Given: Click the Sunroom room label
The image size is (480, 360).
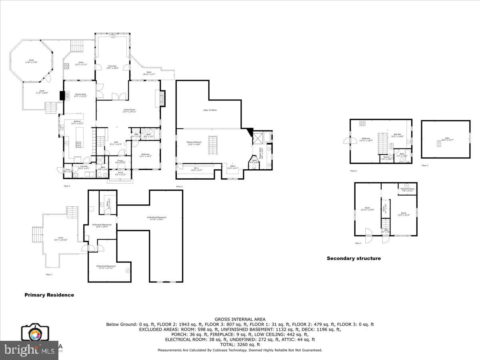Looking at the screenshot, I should (x=112, y=67).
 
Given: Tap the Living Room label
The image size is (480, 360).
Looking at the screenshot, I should (x=129, y=110).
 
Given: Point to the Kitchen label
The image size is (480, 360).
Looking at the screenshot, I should (x=77, y=122).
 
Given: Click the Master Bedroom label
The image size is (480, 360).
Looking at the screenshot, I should (x=194, y=143).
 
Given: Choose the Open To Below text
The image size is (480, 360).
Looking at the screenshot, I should (x=210, y=110).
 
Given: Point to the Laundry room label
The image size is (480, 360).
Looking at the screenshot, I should (x=84, y=167).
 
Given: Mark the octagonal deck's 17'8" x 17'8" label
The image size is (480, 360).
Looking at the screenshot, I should (x=31, y=61).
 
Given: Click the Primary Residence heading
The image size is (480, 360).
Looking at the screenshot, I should (x=49, y=295).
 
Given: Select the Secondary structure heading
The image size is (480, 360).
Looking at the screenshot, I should (x=354, y=258).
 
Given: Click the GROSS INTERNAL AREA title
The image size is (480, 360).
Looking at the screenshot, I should (x=240, y=319).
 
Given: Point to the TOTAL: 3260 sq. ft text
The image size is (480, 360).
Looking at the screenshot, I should (x=240, y=344).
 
